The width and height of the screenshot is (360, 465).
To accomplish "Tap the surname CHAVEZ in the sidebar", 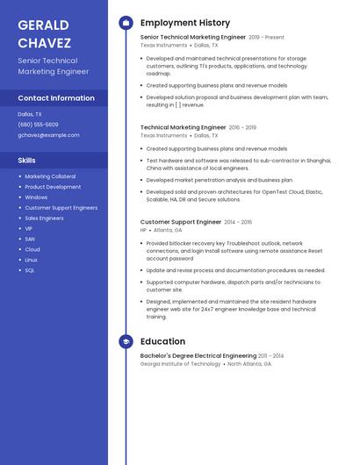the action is pos(43,41).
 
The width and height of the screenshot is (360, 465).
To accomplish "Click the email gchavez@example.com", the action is pos(48,135).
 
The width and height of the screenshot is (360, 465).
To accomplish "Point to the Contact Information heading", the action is pos(56,98).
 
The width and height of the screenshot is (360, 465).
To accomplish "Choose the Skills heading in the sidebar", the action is pos(27,161).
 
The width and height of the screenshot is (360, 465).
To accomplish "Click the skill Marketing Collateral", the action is pos(50,176).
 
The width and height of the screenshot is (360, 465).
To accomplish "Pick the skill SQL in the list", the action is pos(30,270).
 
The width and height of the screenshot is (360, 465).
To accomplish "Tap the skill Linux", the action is pos(32,260).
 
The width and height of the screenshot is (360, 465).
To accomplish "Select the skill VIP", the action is pos(29,228).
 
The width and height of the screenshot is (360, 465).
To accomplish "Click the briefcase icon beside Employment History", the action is pos(126,23).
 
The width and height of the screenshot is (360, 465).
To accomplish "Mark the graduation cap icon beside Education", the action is pos(126,341).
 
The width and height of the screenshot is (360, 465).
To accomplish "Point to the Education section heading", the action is pos(162,341).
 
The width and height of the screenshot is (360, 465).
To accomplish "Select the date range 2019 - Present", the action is pos(266,38).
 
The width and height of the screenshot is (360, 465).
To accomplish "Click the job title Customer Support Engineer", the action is pos(181,222).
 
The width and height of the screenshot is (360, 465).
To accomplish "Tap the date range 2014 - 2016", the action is pos(237,222).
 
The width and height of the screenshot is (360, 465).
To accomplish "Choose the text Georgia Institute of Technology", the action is pos(180,363).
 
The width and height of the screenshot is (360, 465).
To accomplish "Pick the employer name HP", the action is pos(143,230).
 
